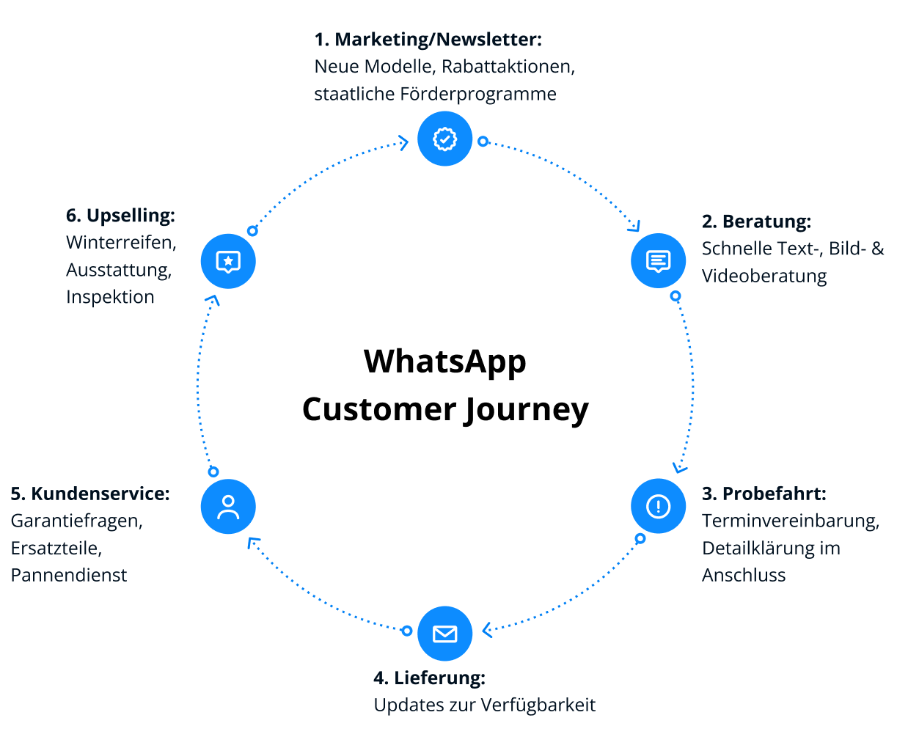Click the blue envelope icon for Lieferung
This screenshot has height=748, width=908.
pyautogui.click(x=444, y=634)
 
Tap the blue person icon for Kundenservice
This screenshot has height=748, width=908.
pyautogui.click(x=228, y=507)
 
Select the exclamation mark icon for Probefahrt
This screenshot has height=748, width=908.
pyautogui.click(x=658, y=506)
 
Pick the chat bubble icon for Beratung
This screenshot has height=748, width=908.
pyautogui.click(x=658, y=261)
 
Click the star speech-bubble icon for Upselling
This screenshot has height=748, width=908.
pyautogui.click(x=228, y=261)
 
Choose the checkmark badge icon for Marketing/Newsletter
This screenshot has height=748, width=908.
pyautogui.click(x=444, y=139)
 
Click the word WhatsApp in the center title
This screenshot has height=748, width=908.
pyautogui.click(x=444, y=362)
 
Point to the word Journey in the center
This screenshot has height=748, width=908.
pyautogui.click(x=527, y=410)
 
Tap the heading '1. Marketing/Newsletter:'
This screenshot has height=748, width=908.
pyautogui.click(x=428, y=40)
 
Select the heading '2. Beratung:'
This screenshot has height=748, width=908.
pyautogui.click(x=756, y=221)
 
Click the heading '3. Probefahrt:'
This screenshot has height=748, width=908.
pyautogui.click(x=764, y=494)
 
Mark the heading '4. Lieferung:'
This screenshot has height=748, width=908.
pyautogui.click(x=429, y=678)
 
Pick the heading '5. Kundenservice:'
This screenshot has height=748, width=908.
pyautogui.click(x=90, y=494)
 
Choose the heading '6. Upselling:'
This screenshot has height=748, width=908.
pyautogui.click(x=120, y=216)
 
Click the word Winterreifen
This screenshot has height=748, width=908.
pyautogui.click(x=121, y=243)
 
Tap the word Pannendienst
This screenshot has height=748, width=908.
pyautogui.click(x=69, y=575)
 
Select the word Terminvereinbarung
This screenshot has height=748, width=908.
pyautogui.click(x=790, y=521)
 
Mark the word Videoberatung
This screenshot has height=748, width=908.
pyautogui.click(x=764, y=276)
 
